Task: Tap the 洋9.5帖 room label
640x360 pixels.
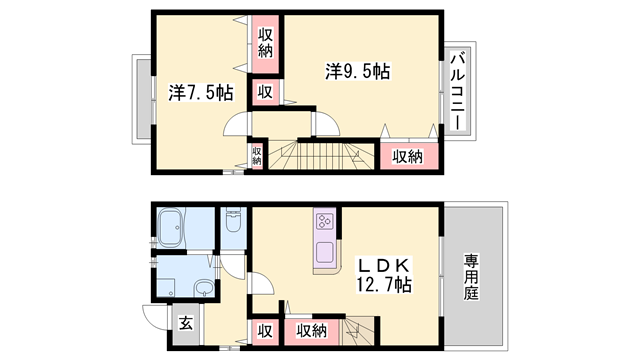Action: click(x=357, y=72)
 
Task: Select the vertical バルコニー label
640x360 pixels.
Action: click(x=456, y=90)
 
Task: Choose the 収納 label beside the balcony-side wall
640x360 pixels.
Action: click(x=406, y=156)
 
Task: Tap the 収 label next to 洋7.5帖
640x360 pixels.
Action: click(x=264, y=93)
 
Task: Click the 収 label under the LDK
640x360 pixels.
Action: click(x=265, y=331)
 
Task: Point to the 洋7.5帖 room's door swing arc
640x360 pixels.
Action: click(x=236, y=124)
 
